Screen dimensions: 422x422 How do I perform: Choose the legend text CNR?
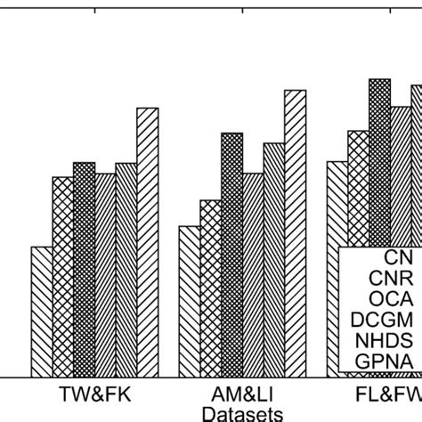coord(384,277)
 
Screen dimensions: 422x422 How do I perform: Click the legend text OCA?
coord(384,297)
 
